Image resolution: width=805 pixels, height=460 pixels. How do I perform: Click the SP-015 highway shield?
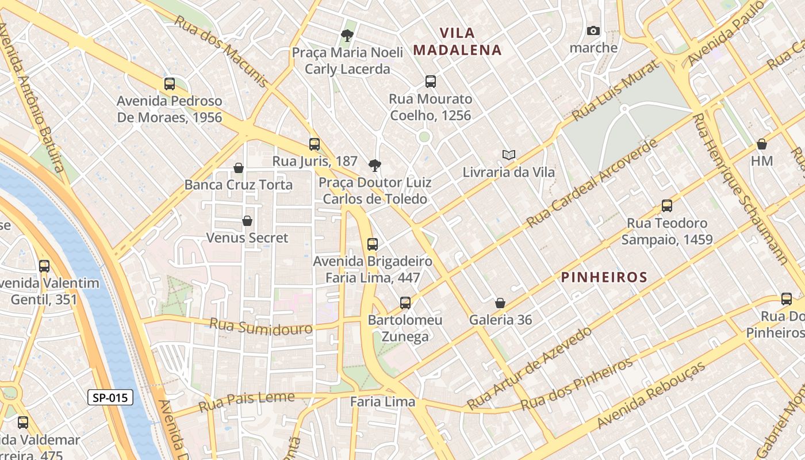pos(110,397)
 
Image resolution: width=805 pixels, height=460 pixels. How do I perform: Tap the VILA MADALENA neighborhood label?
pos(458,41)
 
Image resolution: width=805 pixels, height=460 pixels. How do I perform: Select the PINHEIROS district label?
pos(604,277)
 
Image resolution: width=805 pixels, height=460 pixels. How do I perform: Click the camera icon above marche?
pos(593,31)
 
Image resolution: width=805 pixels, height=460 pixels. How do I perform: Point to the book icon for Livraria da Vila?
pos(509,155)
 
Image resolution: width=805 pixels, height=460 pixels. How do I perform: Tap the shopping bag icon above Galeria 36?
pos(500,303)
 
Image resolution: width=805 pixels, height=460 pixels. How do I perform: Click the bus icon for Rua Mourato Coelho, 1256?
pos(431,82)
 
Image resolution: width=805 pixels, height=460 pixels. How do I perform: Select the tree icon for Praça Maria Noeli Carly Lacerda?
pos(347,36)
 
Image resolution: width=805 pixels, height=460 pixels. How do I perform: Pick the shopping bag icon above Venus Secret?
pos(247,221)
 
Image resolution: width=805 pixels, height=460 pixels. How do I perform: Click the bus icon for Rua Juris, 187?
pos(315,144)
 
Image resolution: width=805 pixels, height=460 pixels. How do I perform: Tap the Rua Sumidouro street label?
pos(260,326)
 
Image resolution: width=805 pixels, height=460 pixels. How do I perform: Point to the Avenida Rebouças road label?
pos(651,396)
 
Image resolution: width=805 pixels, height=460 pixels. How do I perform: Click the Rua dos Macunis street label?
pos(221,51)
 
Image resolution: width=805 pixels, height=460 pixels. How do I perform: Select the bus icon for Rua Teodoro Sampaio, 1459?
pos(667,206)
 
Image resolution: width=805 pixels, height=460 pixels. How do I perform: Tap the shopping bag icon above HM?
pos(762,144)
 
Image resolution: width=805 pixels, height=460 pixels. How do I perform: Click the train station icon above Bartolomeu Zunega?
pos(405,303)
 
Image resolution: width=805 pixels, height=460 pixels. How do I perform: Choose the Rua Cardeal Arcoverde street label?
pos(592,182)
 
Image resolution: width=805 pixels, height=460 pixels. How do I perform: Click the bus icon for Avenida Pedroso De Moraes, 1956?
pos(170,84)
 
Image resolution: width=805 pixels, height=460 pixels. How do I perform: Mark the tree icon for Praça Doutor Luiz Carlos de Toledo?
pos(375,166)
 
